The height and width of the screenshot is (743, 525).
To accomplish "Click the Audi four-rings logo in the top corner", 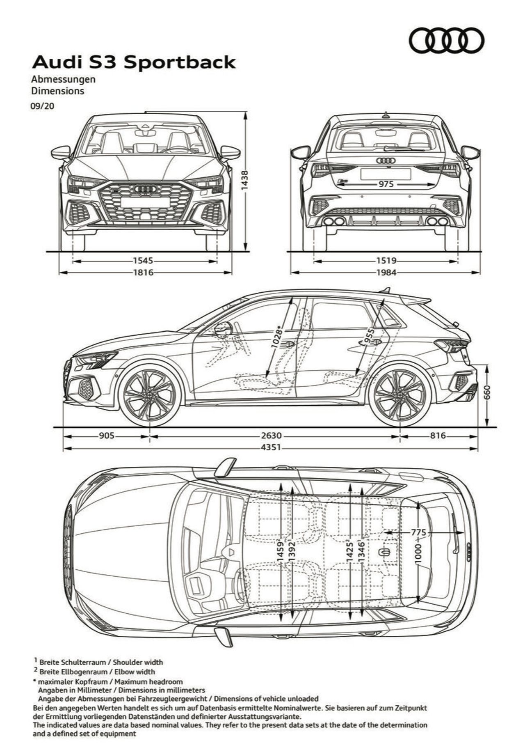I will [x=446, y=40].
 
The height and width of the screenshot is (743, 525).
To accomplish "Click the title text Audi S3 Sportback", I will [x=134, y=62].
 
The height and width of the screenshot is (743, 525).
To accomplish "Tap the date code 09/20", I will [x=42, y=105].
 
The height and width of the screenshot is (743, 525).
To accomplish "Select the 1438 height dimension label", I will [x=245, y=180].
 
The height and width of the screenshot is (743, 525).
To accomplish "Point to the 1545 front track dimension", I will [x=143, y=260].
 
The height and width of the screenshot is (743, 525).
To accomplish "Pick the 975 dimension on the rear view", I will [x=386, y=184].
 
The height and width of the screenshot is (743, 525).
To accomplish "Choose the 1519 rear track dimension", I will [x=386, y=260].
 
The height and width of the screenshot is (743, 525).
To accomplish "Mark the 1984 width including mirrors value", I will [x=386, y=272].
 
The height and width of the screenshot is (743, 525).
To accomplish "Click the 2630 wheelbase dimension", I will [x=271, y=436].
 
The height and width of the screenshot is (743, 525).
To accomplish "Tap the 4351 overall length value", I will [x=271, y=447].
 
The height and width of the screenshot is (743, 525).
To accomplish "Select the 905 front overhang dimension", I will [x=106, y=436].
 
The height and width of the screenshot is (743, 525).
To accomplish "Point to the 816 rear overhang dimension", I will [x=438, y=436].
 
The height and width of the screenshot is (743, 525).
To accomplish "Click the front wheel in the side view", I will [x=149, y=395].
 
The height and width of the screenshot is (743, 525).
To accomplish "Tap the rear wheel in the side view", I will [x=399, y=395].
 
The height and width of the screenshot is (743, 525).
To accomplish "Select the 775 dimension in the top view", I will [x=418, y=532].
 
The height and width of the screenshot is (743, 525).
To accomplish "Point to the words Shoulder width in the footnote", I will [x=138, y=662].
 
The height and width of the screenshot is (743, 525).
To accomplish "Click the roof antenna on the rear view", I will [x=386, y=115].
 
